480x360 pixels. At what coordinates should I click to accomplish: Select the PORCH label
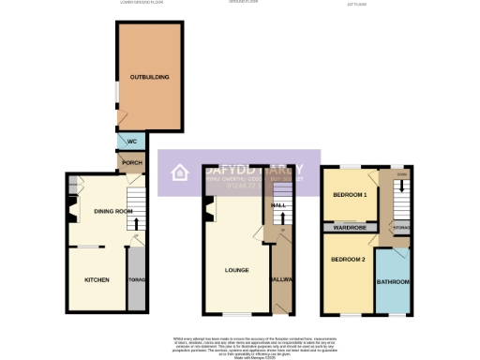pos(132,162)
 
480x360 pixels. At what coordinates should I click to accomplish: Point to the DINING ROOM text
pos(112,211)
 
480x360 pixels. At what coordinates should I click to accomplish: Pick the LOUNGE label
pos(236,271)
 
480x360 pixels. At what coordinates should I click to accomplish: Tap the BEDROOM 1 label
pos(349,194)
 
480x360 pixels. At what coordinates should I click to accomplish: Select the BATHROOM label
pos(391,281)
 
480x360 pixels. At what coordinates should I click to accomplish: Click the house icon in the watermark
pos(177,173)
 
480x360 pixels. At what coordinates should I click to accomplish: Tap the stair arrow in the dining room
pos(137,223)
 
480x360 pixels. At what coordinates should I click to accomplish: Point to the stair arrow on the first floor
pos(401,186)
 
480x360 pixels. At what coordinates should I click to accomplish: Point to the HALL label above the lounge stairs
pos(278,204)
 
